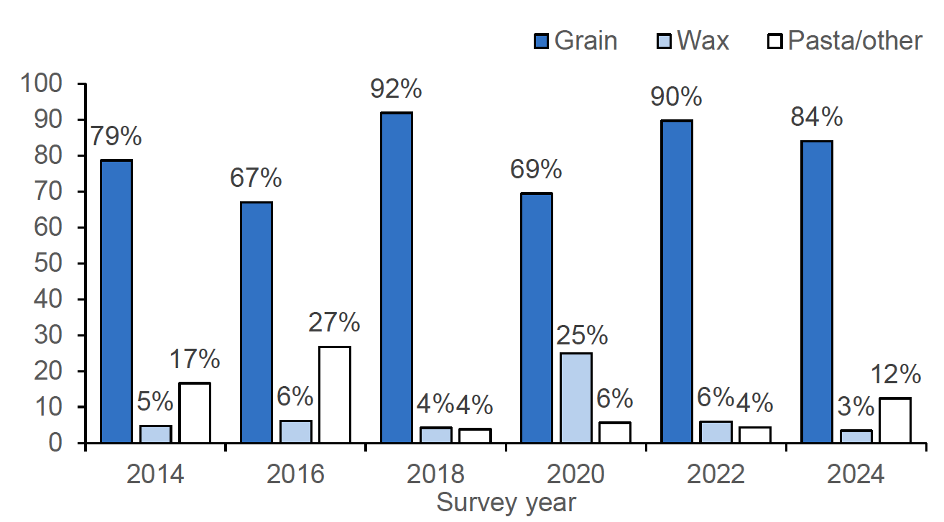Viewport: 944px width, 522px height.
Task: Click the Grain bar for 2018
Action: (397, 278)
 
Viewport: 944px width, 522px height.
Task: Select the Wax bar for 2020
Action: (575, 398)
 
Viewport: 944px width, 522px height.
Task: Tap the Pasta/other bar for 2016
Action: (335, 395)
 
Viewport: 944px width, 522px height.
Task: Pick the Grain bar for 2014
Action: (116, 301)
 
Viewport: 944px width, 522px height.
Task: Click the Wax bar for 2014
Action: (155, 434)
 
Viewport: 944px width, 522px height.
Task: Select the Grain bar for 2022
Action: (677, 281)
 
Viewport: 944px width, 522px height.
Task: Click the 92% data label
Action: (396, 89)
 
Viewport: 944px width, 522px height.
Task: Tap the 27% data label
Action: (335, 323)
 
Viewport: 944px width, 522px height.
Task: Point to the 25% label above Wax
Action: (582, 335)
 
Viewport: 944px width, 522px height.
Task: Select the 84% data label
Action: (817, 117)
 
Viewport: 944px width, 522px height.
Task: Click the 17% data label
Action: (195, 359)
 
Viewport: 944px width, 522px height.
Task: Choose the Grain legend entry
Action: (575, 40)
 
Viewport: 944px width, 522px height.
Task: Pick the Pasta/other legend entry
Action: (843, 40)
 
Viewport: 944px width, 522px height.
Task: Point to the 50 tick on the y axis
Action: (53, 264)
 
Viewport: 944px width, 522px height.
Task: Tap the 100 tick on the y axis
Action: (46, 84)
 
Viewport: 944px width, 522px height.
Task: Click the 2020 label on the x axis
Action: (575, 475)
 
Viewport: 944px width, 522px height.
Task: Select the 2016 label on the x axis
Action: (295, 475)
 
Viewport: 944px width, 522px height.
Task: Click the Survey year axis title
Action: (506, 503)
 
